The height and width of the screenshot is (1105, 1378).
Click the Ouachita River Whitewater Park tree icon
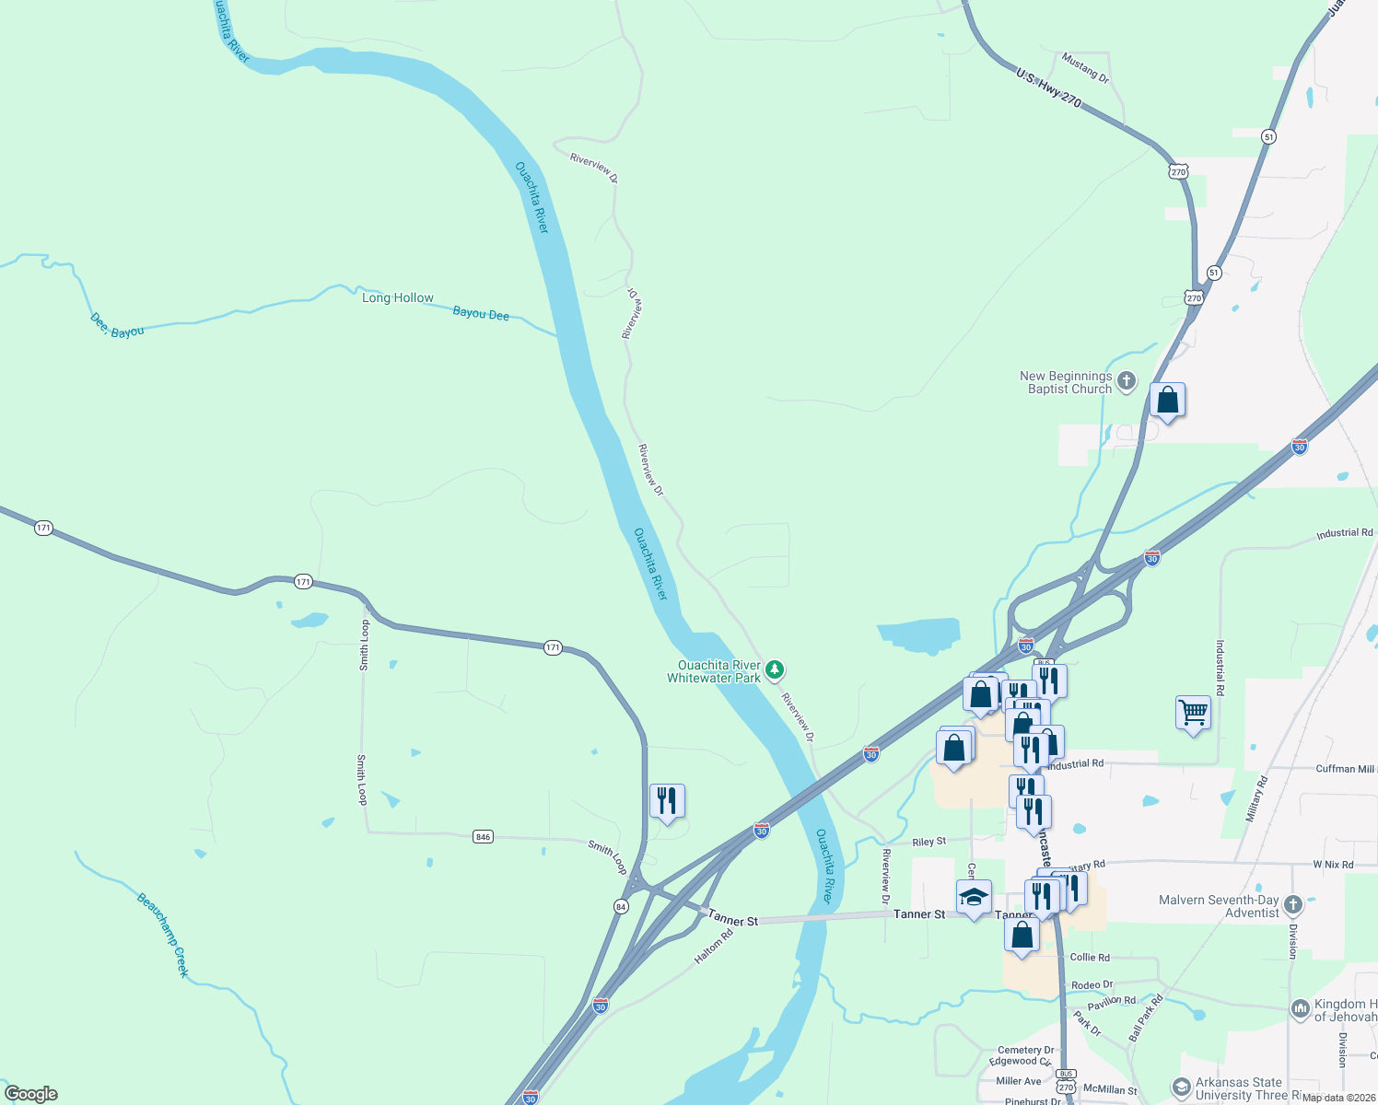click(x=776, y=669)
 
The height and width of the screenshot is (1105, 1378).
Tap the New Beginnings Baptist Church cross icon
click(x=1126, y=381)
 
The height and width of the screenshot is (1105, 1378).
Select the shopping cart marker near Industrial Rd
click(x=1193, y=712)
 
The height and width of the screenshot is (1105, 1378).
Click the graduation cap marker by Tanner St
click(x=974, y=896)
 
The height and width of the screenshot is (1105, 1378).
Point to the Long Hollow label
click(x=397, y=297)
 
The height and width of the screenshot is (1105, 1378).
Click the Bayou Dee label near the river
click(x=481, y=314)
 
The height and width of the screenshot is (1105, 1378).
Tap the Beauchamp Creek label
click(x=163, y=935)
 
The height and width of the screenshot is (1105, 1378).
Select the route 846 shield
click(x=483, y=837)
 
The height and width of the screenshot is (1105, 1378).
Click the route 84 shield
click(x=621, y=907)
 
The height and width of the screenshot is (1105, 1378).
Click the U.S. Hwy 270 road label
click(x=1048, y=87)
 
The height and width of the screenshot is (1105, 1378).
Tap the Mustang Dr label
click(x=1085, y=67)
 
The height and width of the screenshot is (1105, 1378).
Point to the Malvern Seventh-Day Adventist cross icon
click(x=1292, y=904)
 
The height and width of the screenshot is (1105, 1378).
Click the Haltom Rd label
click(x=714, y=947)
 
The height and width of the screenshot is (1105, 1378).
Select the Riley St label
click(x=928, y=842)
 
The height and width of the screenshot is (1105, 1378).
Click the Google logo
click(x=30, y=1094)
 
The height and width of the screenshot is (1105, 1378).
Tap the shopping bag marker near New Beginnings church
click(x=1167, y=400)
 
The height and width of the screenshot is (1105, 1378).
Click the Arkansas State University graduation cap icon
click(x=1180, y=1088)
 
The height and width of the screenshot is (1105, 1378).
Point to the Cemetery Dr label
click(x=1025, y=1050)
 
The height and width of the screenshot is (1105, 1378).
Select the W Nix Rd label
click(x=1333, y=865)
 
